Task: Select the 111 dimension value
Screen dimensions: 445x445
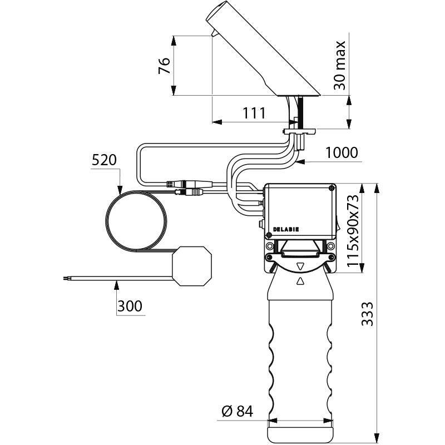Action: tap(253, 113)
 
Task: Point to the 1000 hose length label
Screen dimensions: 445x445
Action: tap(341, 152)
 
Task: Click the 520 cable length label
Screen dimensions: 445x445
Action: tap(104, 161)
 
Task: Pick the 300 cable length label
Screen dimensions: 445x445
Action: tap(130, 305)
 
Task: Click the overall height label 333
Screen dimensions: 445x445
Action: tap(365, 315)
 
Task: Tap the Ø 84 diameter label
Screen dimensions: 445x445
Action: tap(237, 412)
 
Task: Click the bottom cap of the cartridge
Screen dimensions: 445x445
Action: tap(300, 431)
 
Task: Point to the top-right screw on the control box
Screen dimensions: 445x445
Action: tap(332, 188)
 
